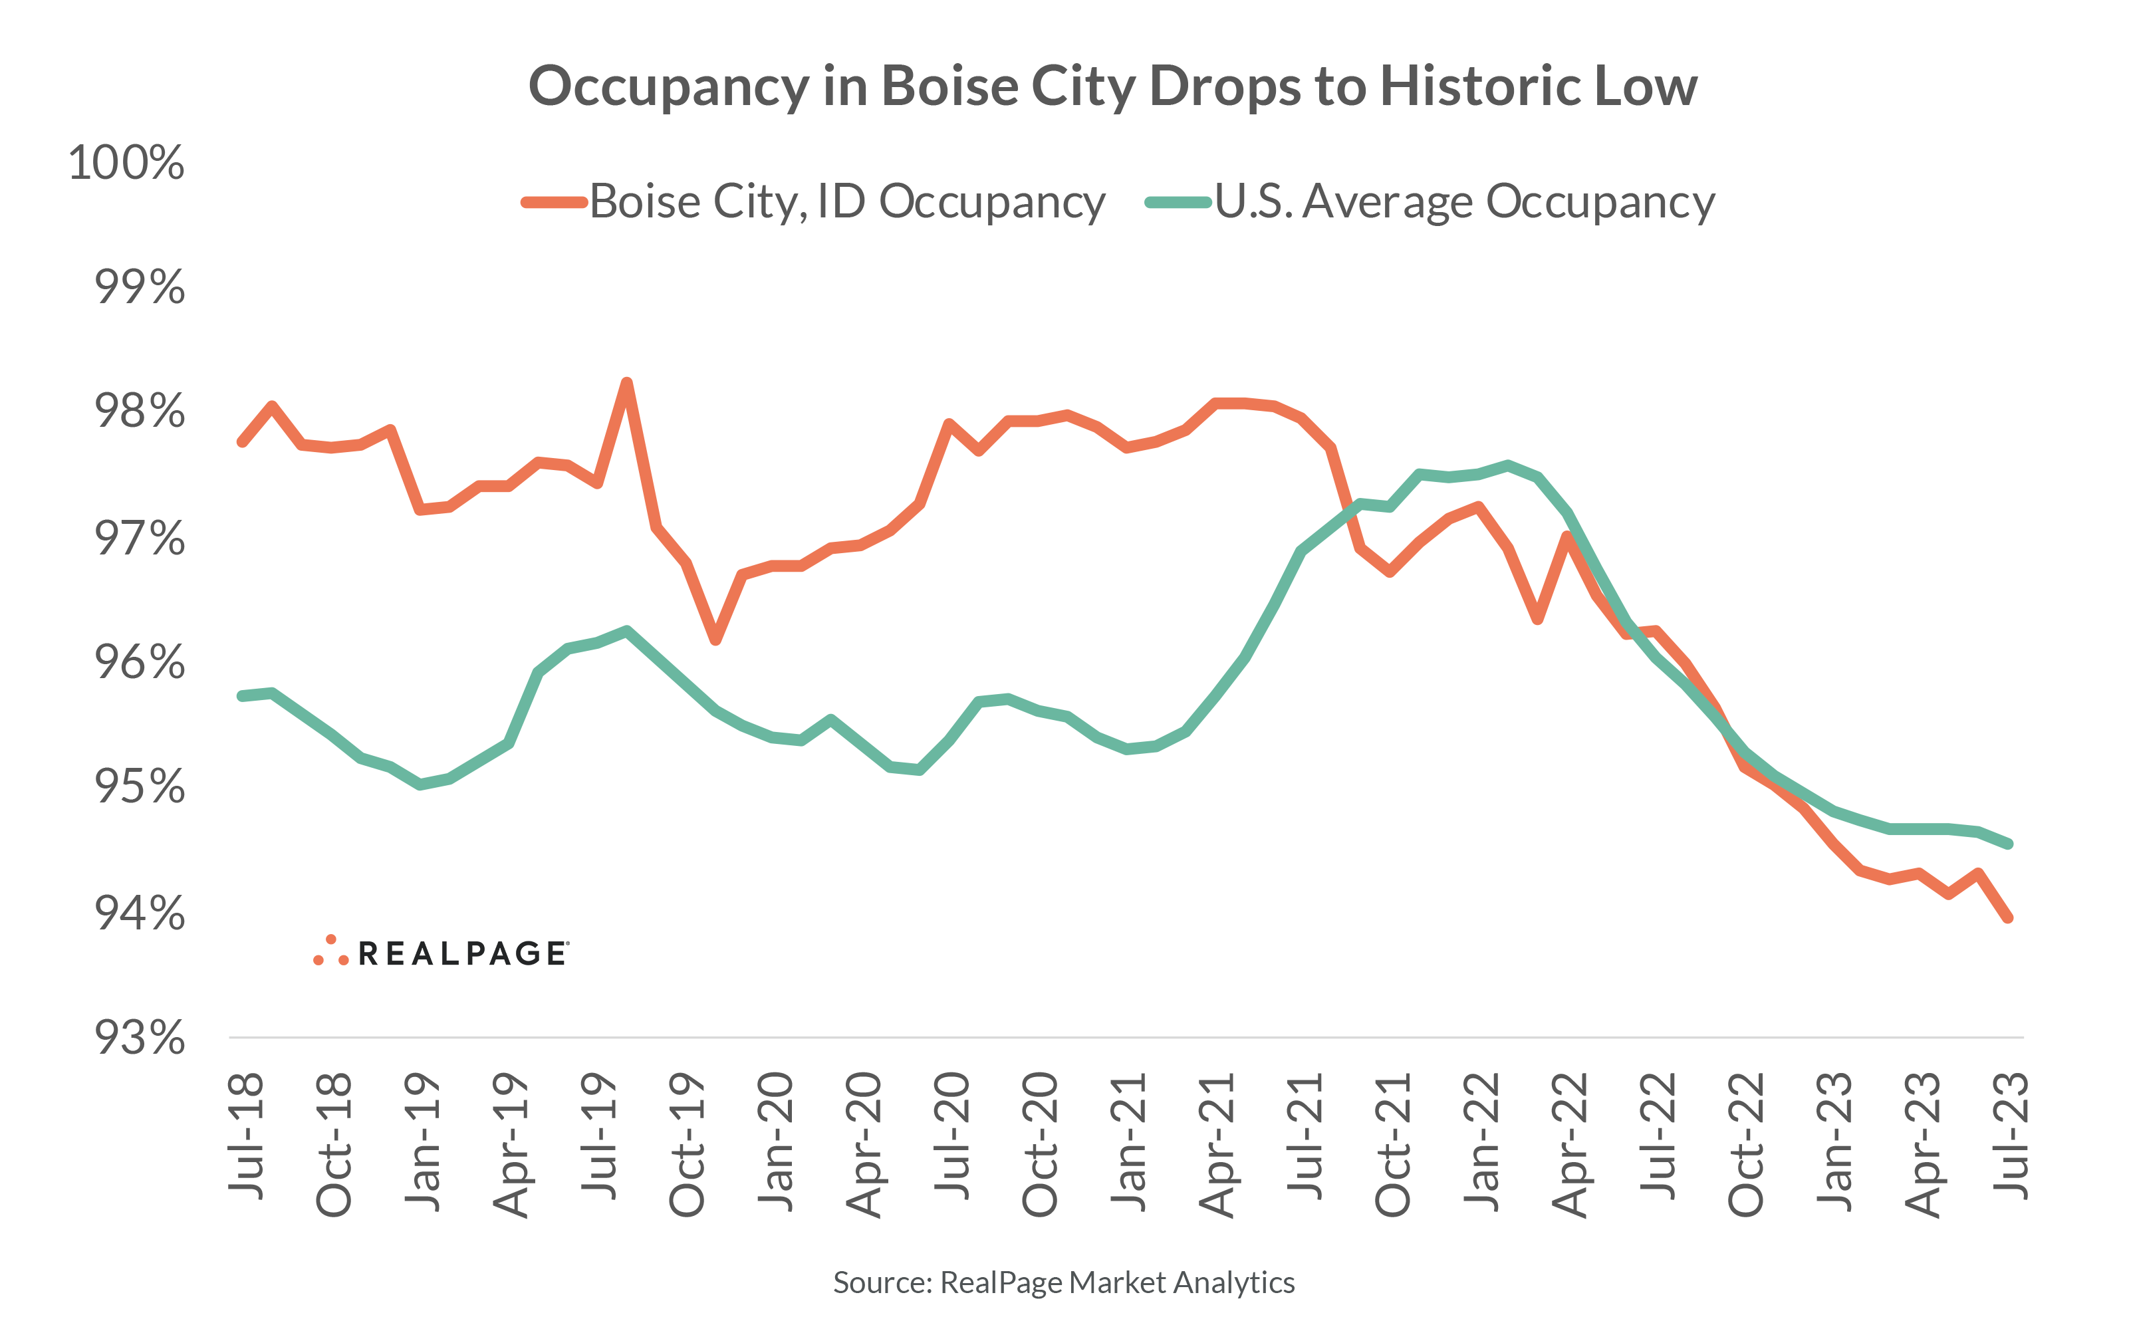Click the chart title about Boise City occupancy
pos(1112,86)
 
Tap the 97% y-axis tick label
pos(140,539)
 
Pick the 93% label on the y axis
pos(140,1038)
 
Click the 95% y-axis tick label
pos(140,786)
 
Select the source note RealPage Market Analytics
pos(1063,1282)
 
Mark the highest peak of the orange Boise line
pos(626,383)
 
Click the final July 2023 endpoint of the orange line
pos(2009,918)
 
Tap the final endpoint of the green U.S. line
pos(2009,844)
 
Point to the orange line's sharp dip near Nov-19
pos(715,640)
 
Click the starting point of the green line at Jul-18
pos(242,695)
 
